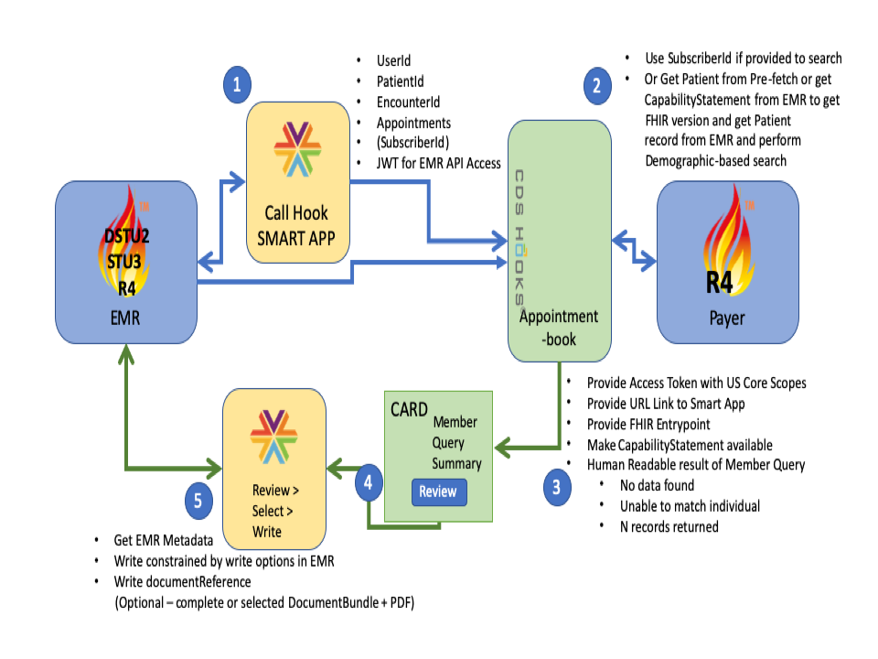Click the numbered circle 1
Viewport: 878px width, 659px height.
point(238,87)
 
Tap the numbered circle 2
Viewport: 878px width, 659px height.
point(597,87)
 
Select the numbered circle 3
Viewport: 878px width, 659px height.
point(555,486)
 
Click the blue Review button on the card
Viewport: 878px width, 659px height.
point(437,492)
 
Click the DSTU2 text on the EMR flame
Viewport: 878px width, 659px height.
point(125,236)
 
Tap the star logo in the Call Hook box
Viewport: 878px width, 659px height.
point(297,149)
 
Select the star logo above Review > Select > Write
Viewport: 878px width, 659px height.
point(276,434)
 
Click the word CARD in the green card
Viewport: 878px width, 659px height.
point(409,409)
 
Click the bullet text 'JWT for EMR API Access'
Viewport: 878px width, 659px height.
point(439,164)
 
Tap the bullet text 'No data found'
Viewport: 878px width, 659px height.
point(657,485)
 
